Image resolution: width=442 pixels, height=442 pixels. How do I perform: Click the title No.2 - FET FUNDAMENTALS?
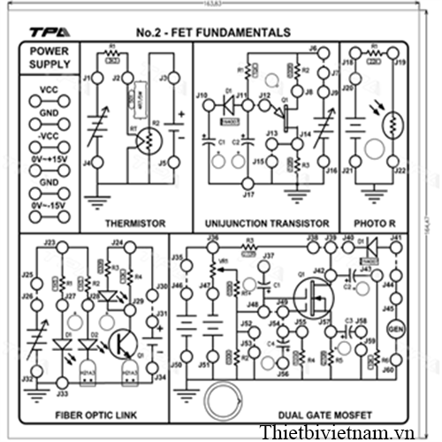213,33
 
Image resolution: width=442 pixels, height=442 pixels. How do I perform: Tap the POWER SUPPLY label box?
50,57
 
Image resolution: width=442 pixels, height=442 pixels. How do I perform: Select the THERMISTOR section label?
135,224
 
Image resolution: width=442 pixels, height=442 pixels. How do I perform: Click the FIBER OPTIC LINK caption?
95,414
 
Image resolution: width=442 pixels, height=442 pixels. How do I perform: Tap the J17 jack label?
248,194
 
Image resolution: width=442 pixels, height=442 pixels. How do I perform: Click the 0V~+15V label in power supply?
50,158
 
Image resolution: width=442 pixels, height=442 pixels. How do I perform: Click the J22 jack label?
400,171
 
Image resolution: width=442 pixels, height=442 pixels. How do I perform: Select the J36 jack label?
212,239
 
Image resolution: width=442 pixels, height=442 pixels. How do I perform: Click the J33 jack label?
62,392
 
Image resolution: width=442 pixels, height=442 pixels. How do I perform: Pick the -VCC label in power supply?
50,134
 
